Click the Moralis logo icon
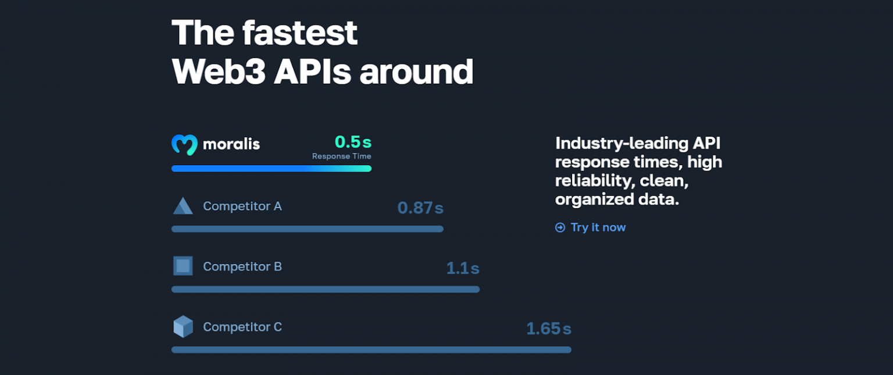coord(184,145)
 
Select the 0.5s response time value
coord(352,141)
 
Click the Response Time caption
coord(341,156)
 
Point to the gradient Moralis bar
coord(271,169)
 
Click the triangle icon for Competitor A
coord(183,206)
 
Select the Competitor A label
coord(242,206)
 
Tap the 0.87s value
coord(420,208)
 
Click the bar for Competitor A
coord(307,229)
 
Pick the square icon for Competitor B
coord(183,266)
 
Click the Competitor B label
coord(242,267)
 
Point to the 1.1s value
coord(462,268)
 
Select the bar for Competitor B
coord(325,290)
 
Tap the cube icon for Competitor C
coord(183,327)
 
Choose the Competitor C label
coord(242,327)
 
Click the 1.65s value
coord(548,328)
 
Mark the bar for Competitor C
coord(371,350)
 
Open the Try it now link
coord(597,227)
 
